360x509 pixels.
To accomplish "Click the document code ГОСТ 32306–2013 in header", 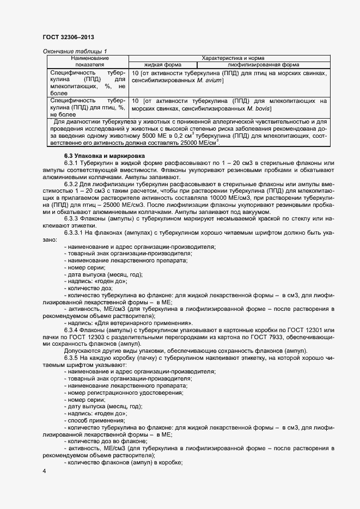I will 68,38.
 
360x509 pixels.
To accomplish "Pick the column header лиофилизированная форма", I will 259,64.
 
